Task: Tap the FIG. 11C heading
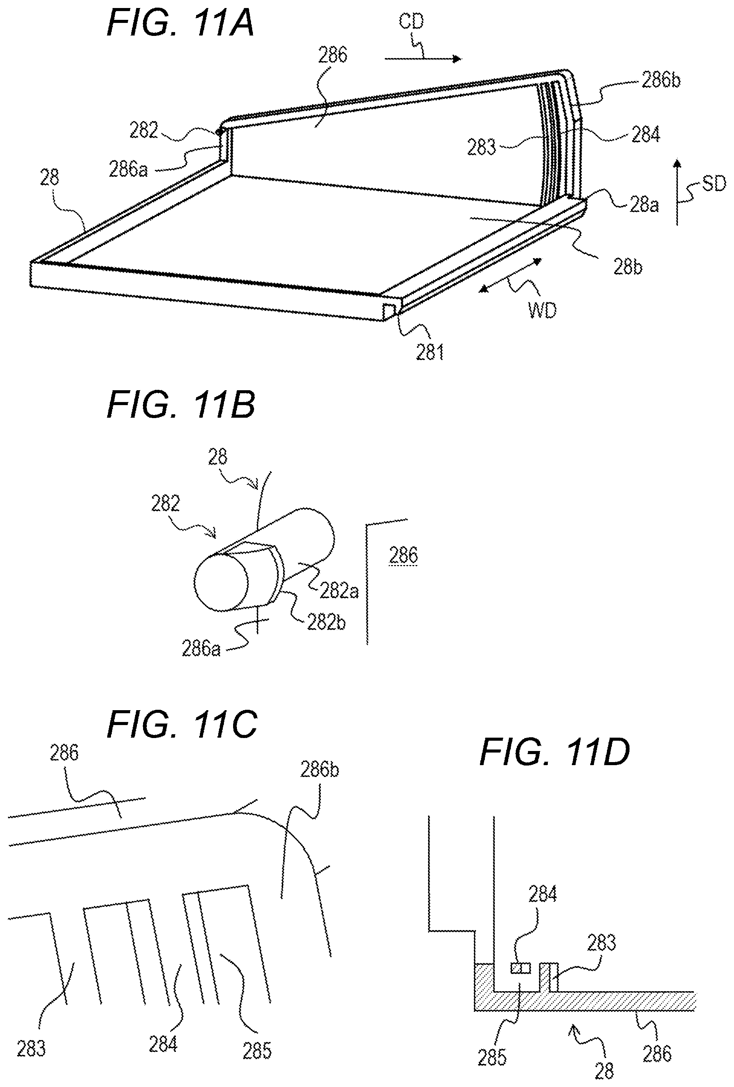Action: [x=182, y=724]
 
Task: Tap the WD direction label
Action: [x=542, y=310]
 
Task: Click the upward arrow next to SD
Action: [x=677, y=192]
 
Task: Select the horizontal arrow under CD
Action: [x=423, y=58]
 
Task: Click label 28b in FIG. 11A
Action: [x=628, y=267]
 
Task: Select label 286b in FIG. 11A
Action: [x=661, y=81]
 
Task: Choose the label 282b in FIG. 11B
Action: [x=326, y=623]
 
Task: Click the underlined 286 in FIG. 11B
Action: [x=403, y=555]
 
